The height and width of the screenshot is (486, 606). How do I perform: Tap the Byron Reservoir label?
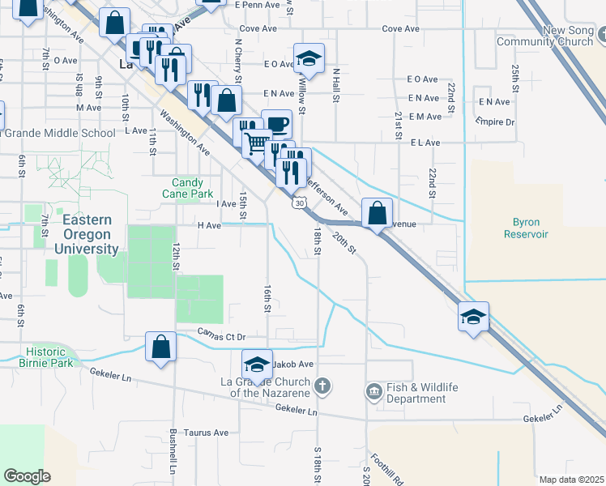coord(531,228)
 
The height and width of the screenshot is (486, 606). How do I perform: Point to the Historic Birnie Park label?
coord(50,357)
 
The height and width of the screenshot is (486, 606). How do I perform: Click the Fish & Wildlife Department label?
coord(416,393)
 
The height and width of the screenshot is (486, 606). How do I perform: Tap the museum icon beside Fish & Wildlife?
coord(373,392)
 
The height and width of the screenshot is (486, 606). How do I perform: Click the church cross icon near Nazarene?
coord(322,386)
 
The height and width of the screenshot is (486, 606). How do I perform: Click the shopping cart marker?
coord(257,143)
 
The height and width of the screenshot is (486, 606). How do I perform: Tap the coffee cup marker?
coord(277,124)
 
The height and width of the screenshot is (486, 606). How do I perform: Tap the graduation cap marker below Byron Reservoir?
coord(473,317)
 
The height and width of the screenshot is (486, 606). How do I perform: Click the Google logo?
coord(27,476)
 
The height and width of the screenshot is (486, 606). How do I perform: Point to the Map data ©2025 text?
coord(571,480)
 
